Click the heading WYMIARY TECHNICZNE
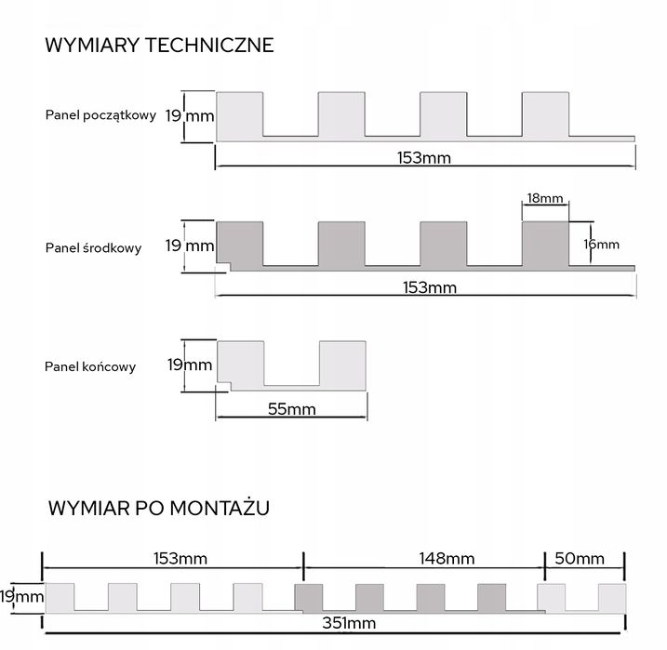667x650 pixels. point(159,45)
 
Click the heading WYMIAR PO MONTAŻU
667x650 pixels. point(158,508)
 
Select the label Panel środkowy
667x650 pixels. point(93,248)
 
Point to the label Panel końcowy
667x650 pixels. point(90,366)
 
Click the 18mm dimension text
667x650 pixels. point(545,199)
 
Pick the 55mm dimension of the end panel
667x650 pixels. point(291,408)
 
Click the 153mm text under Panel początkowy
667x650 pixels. point(423,158)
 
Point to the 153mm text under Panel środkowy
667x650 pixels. point(423,287)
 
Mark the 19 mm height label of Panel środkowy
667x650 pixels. point(189,246)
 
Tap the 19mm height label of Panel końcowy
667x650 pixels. point(189,365)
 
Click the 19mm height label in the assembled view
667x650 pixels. point(20,596)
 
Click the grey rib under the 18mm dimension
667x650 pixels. point(545,244)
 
